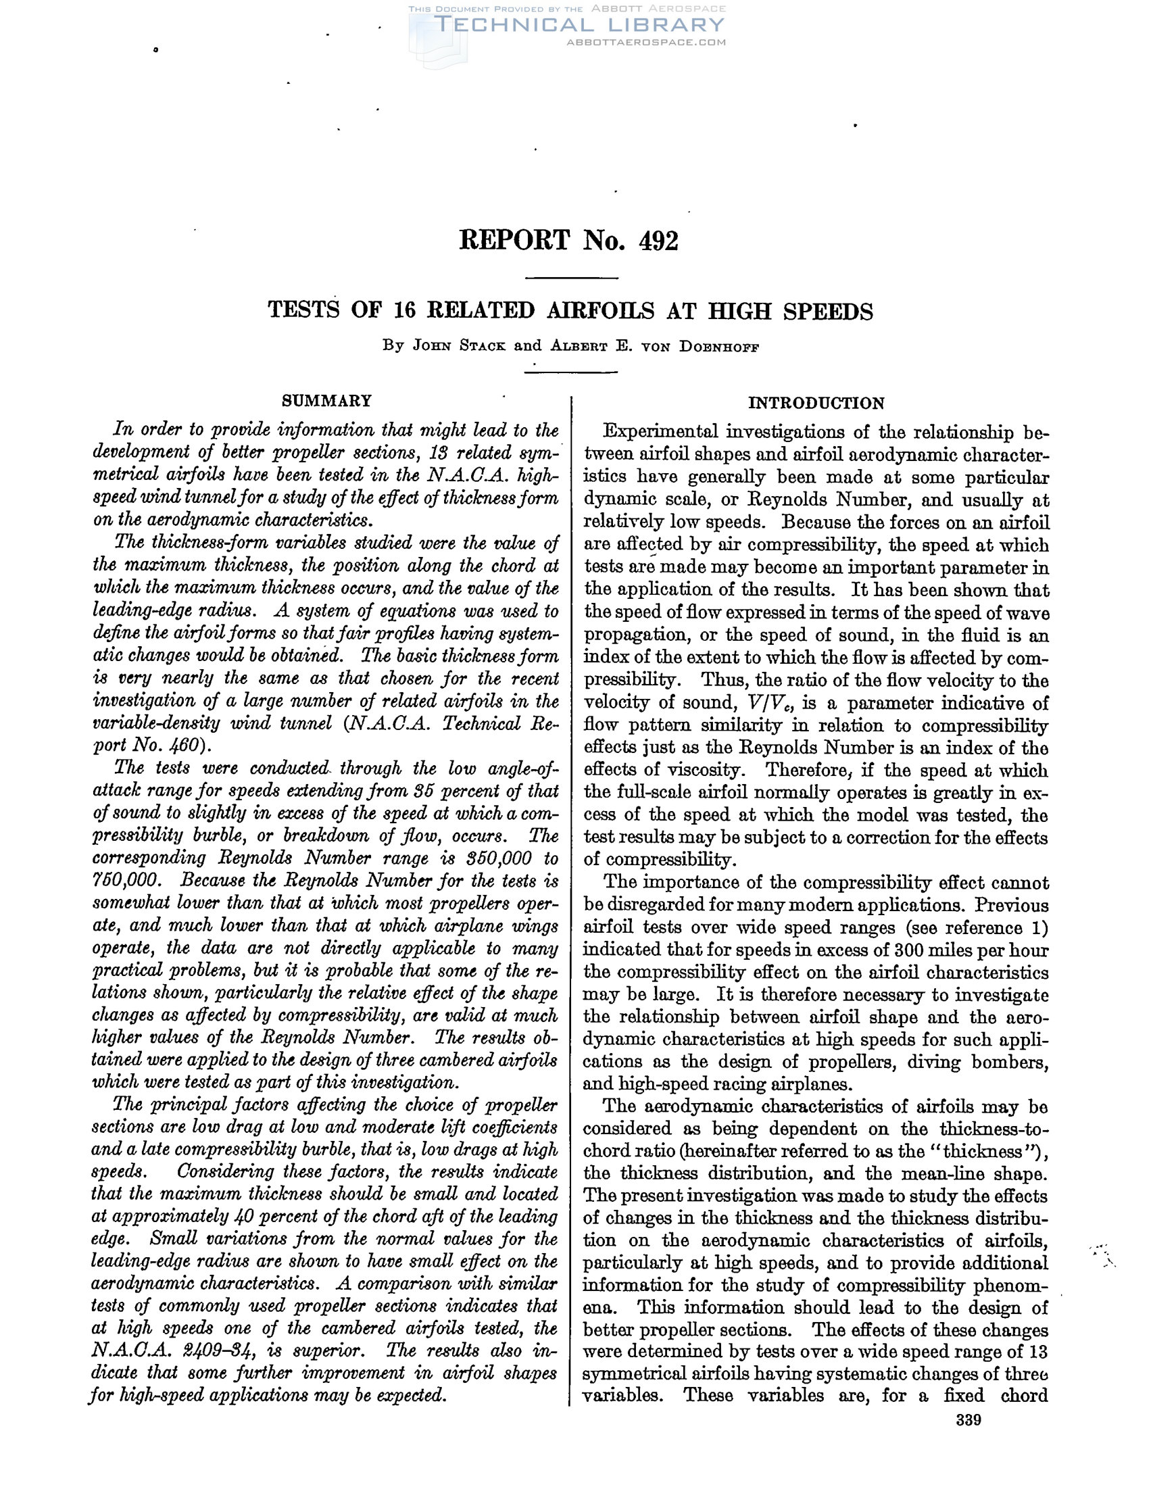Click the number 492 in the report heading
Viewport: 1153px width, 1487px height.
pyautogui.click(x=658, y=241)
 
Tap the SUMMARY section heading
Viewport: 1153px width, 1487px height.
pyautogui.click(x=326, y=400)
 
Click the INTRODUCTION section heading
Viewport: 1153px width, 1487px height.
pyautogui.click(x=816, y=403)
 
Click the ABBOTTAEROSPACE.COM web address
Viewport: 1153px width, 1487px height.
pyautogui.click(x=646, y=42)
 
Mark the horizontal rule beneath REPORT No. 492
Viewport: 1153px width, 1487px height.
pyautogui.click(x=572, y=278)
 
